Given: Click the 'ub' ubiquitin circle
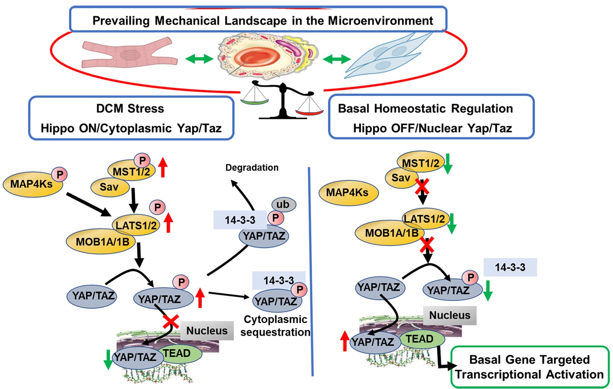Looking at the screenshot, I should pos(283,204).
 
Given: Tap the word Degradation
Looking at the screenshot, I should pos(252,168).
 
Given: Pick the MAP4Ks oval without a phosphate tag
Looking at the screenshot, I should pos(348,193).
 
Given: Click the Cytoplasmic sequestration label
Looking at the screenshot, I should pos(275,325).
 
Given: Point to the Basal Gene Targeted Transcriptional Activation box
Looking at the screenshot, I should pos(529,367).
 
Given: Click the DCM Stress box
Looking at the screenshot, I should pos(131,118).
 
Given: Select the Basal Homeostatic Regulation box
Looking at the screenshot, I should pos(431,118).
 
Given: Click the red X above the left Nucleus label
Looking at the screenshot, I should pos(171,321).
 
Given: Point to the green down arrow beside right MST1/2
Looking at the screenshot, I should pos(448,164).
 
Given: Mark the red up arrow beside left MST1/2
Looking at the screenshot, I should pos(163,167).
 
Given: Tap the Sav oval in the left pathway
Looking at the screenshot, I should pos(109,187).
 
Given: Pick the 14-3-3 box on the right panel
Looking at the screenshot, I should pos(510,267).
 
